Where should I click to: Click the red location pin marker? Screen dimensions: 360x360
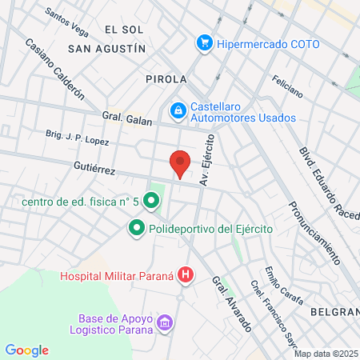pos(181,163)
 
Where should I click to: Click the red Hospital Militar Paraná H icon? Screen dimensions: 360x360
pos(186,277)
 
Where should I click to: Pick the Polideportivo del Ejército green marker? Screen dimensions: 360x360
pos(136,230)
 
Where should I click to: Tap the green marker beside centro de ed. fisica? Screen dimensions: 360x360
pos(151,202)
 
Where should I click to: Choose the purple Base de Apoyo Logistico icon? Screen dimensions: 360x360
pos(166,323)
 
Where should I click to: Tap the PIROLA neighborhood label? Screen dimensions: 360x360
pos(166,79)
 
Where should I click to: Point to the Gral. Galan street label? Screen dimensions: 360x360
pos(125,118)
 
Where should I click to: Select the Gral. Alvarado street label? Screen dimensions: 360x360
pos(232,305)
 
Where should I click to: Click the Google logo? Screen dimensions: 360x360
pos(27,350)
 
